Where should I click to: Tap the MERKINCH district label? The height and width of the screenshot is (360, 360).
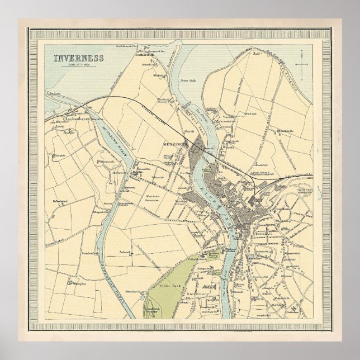point(173,143)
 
